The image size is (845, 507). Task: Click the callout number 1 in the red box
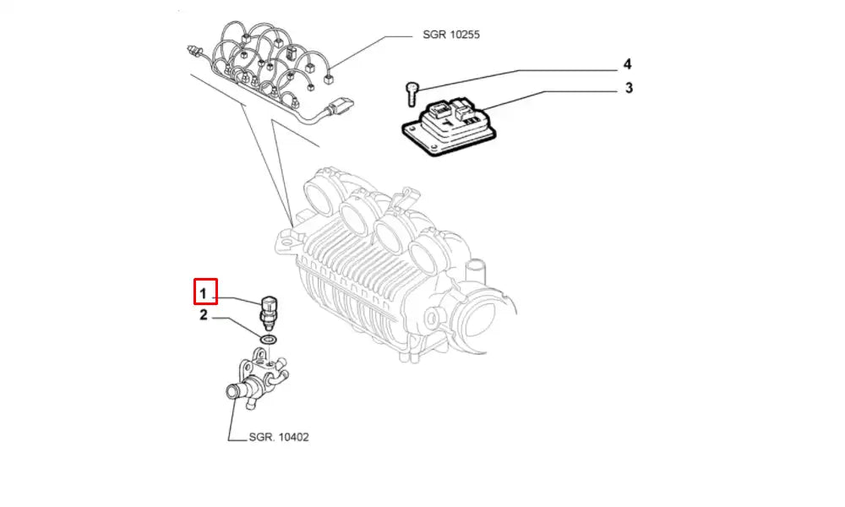[x=203, y=294]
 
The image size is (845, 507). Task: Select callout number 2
[x=203, y=316]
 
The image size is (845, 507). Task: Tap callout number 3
[x=628, y=88]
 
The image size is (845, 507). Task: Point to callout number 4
[x=628, y=64]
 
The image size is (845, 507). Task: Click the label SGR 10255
[x=451, y=35]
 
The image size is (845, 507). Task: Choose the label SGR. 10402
[x=279, y=438]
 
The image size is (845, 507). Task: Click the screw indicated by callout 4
[x=411, y=92]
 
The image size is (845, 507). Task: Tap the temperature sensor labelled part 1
[x=270, y=308]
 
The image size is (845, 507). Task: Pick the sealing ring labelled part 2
[x=268, y=340]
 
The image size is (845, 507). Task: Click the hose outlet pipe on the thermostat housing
[x=233, y=392]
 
